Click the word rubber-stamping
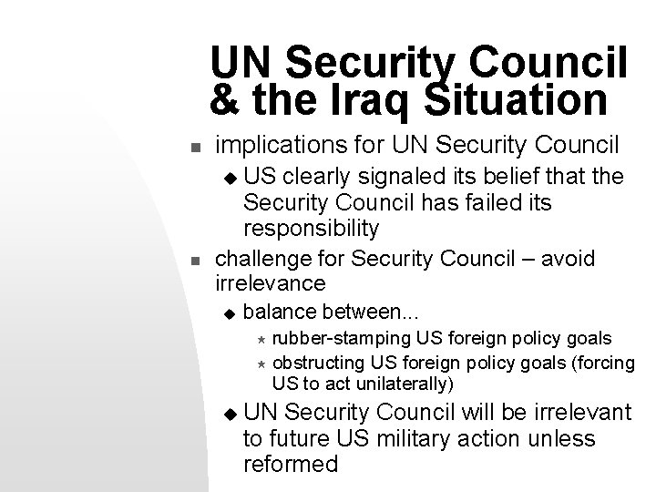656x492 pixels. tap(342, 339)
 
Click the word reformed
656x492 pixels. tap(291, 464)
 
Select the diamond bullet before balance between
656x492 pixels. tap(230, 315)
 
